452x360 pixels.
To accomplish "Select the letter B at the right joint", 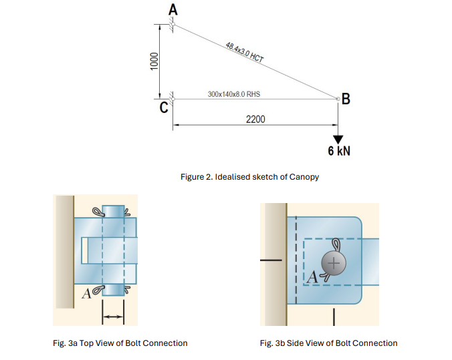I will [346, 101].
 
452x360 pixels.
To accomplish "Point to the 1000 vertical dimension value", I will [153, 61].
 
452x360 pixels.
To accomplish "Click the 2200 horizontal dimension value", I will [255, 119].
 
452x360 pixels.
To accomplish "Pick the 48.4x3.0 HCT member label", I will [245, 52].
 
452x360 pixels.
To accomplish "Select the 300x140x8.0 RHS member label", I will [234, 94].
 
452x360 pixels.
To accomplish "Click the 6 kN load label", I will [339, 152].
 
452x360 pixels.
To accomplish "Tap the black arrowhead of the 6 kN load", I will [338, 139].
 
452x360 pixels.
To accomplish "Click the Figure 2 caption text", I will [249, 177].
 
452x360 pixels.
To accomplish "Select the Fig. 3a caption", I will [120, 343].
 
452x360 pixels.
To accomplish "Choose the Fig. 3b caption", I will [328, 343].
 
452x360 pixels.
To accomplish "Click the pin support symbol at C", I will [171, 99].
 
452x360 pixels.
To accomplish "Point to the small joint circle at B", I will [338, 99].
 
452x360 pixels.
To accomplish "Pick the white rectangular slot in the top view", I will [84, 250].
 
